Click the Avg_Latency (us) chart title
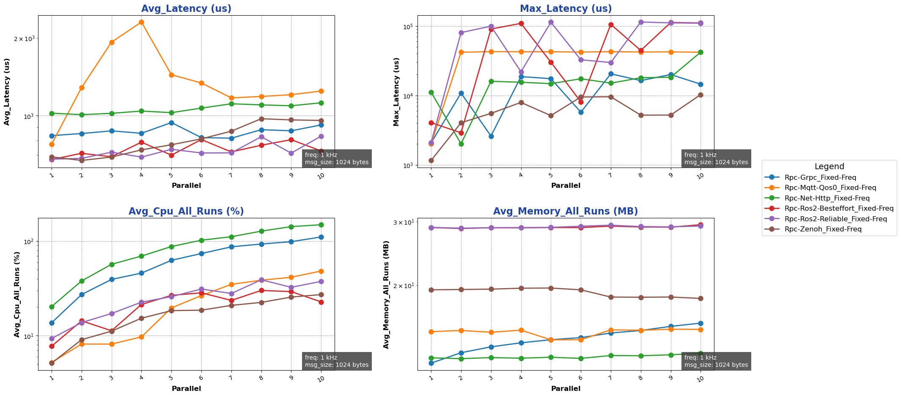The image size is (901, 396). coord(186,8)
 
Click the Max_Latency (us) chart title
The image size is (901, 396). coord(566,8)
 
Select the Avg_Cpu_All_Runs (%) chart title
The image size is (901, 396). coord(186,212)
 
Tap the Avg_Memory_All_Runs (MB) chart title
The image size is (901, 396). coord(566,212)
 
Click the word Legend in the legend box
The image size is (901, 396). coord(829,167)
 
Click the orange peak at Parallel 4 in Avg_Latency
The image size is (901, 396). coord(141,22)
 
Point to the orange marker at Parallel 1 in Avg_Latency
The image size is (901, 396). coord(52,144)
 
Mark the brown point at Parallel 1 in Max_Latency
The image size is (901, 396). coord(431,160)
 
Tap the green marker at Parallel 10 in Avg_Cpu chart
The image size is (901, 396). coord(321,225)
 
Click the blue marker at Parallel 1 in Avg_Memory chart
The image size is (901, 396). coord(431,363)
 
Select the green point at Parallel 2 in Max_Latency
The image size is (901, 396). coord(461,144)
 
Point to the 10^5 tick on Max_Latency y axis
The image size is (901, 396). coord(407,26)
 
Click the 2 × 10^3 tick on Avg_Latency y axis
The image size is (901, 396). coord(26,38)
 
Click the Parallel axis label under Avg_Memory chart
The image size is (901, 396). coord(566,388)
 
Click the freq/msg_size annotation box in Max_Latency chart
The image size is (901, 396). coord(716,159)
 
